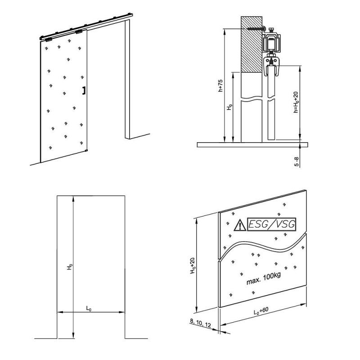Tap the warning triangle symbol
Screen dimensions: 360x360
239,225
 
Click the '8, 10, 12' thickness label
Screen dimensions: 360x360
199,324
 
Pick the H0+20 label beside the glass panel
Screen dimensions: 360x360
192,265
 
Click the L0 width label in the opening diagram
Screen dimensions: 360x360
89,308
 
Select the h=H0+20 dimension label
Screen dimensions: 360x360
296,103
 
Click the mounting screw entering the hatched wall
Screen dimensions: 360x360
256,29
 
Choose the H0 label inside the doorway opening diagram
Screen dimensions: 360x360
69,267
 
